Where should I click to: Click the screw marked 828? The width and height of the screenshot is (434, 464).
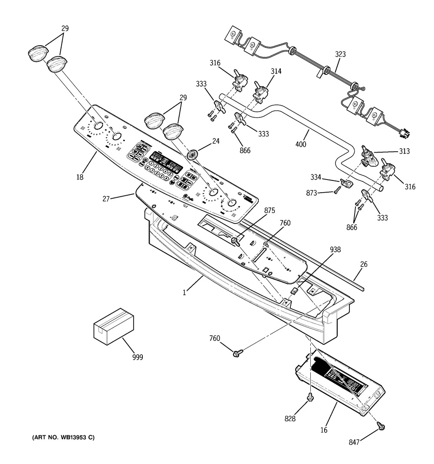coord(310,397)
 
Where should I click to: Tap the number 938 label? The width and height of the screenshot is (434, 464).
coord(335,250)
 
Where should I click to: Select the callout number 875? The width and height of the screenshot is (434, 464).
coord(270,210)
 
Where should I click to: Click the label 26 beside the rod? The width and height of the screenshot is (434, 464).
coord(364,264)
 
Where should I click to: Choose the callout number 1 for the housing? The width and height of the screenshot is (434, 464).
coord(184,293)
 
